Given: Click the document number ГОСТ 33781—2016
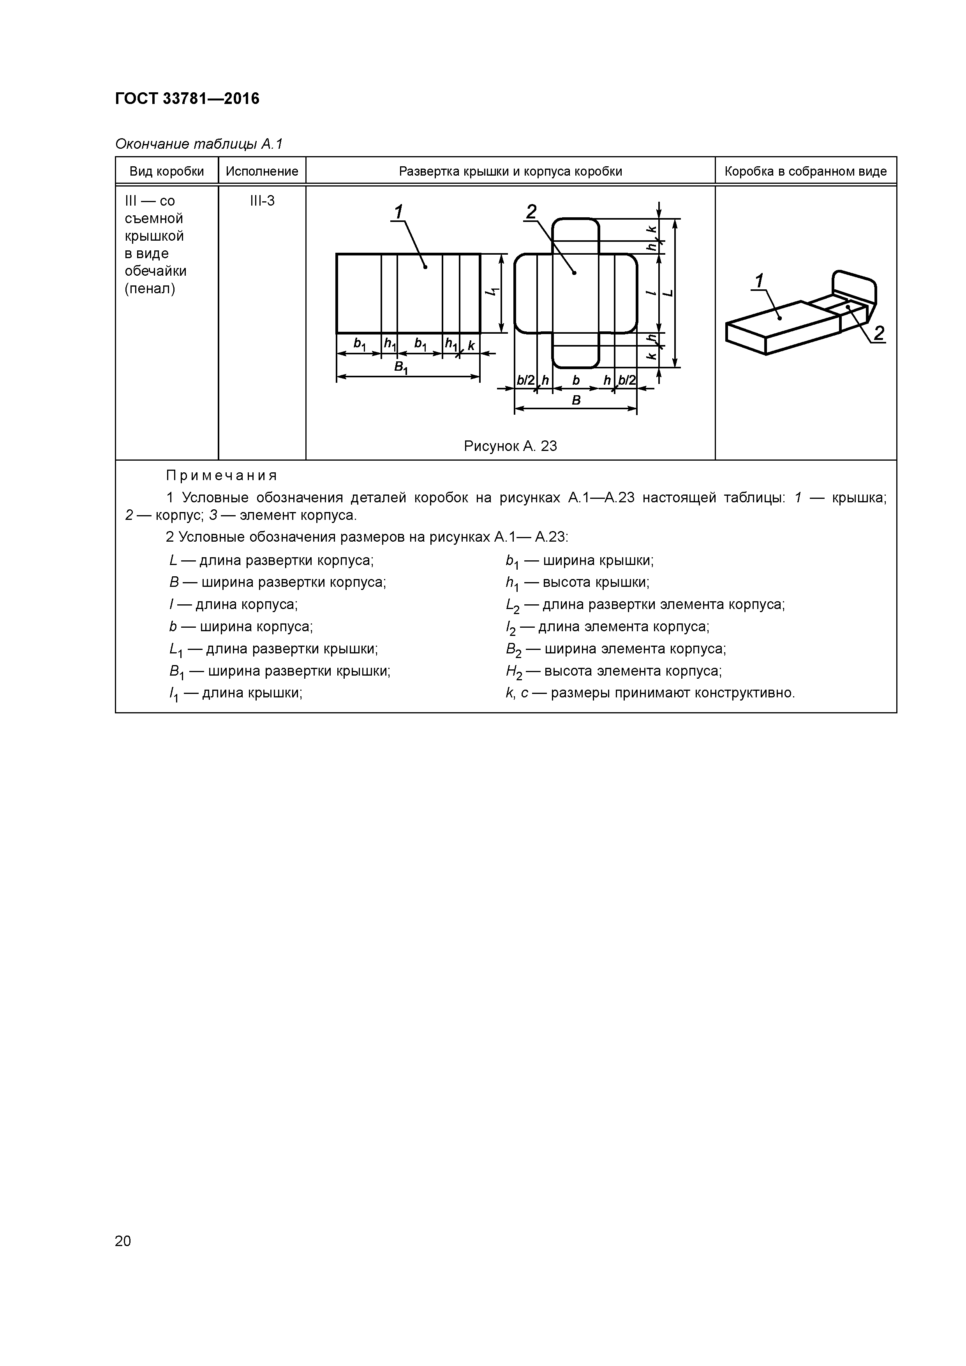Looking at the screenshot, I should click(187, 98).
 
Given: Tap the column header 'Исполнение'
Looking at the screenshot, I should click(262, 171).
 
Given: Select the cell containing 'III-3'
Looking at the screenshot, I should click(262, 201).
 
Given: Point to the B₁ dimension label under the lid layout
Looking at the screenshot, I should click(401, 368).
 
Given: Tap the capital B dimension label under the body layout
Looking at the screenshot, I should click(576, 400).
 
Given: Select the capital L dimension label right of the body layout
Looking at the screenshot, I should click(668, 293).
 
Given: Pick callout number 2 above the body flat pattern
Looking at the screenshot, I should click(531, 212).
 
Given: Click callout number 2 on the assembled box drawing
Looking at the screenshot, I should click(878, 333).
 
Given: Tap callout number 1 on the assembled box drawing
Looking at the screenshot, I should click(760, 281).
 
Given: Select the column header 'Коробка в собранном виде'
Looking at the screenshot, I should click(805, 171).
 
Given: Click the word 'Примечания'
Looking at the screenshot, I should click(221, 475).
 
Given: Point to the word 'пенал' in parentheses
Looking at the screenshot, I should click(150, 289).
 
